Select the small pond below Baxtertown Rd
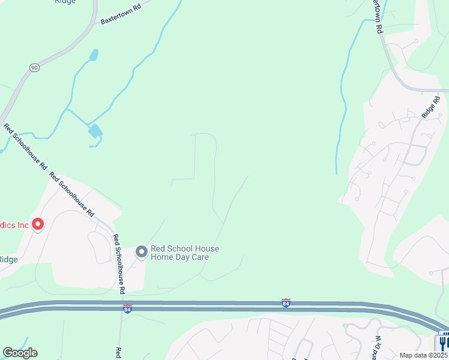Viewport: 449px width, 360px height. coord(94,55)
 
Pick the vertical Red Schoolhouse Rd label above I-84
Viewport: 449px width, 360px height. coord(118,263)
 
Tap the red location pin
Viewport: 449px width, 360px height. coord(38,224)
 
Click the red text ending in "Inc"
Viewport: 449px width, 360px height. coord(14,226)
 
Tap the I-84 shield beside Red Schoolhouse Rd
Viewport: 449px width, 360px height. coord(127,308)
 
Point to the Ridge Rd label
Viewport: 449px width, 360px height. coord(431,107)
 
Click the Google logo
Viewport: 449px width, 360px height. coord(20,353)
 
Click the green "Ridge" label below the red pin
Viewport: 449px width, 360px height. coord(8,259)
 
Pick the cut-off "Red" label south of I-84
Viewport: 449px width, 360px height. coord(119,353)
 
